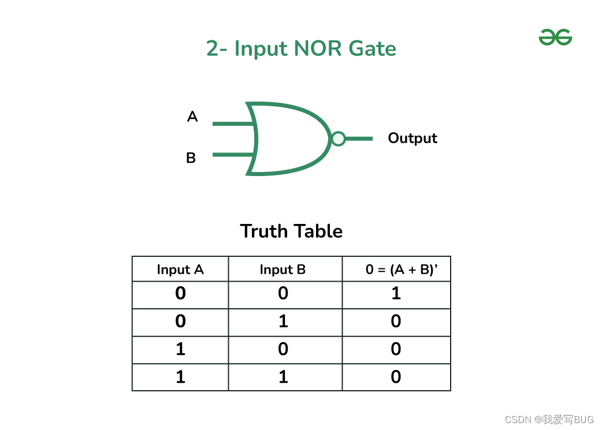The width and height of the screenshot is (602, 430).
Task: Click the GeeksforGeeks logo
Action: pyautogui.click(x=555, y=38)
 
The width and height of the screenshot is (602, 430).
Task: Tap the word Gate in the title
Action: pyautogui.click(x=373, y=48)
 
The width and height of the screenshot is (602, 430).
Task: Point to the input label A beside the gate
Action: pyautogui.click(x=192, y=117)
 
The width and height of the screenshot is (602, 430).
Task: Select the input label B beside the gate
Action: pyautogui.click(x=191, y=158)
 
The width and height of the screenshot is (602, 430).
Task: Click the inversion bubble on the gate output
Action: pyautogui.click(x=339, y=139)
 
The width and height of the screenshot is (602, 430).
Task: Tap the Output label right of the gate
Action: pyautogui.click(x=413, y=139)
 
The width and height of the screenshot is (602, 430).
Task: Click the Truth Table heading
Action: pyautogui.click(x=291, y=231)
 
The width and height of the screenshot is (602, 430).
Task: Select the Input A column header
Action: pyautogui.click(x=180, y=270)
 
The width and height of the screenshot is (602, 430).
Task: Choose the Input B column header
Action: pyautogui.click(x=283, y=270)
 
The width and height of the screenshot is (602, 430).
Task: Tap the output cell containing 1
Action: pyautogui.click(x=396, y=294)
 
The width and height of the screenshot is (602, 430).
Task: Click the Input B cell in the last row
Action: pyautogui.click(x=283, y=377)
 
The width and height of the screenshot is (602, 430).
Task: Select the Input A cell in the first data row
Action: pyautogui.click(x=180, y=294)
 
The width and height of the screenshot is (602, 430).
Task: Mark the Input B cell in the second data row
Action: pyautogui.click(x=283, y=321)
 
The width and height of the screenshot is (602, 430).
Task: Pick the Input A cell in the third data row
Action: pyautogui.click(x=180, y=349)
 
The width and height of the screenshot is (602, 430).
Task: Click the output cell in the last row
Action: pyautogui.click(x=396, y=377)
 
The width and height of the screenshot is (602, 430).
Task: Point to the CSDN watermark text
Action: pyautogui.click(x=549, y=420)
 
